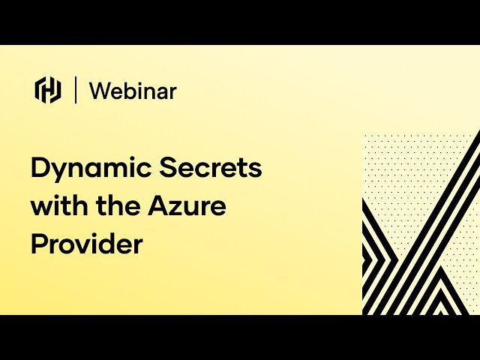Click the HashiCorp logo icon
(48, 90)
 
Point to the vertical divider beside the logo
(76, 90)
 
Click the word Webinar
(133, 91)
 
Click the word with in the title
(58, 205)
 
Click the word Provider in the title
(86, 244)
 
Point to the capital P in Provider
(39, 244)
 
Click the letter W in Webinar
(100, 91)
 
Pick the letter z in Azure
(184, 208)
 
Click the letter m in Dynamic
(115, 169)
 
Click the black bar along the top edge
(240, 22)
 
